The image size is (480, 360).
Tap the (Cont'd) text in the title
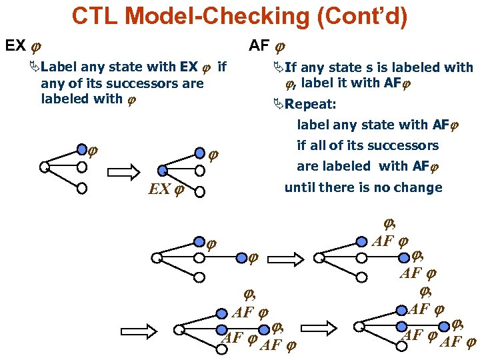point(360,17)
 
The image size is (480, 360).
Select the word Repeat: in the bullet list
point(311,105)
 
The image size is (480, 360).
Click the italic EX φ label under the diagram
point(166,189)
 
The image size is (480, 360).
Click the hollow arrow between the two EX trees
point(121,173)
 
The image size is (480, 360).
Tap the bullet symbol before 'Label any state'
point(35,68)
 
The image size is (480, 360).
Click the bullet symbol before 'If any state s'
point(278,68)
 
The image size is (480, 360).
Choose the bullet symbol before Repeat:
point(278,105)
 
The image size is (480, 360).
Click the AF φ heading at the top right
point(267,46)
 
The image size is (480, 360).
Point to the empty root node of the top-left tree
point(44,167)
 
